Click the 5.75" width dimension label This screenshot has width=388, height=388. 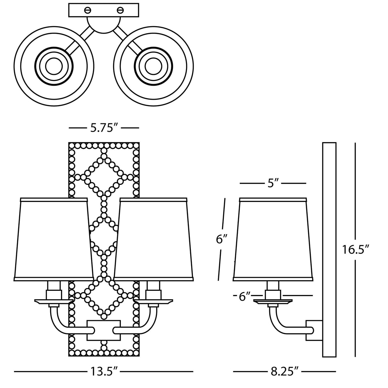(x=104, y=128)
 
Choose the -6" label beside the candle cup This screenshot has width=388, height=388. (x=244, y=297)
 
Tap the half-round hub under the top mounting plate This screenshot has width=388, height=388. (x=104, y=24)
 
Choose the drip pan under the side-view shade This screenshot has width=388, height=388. (x=272, y=301)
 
